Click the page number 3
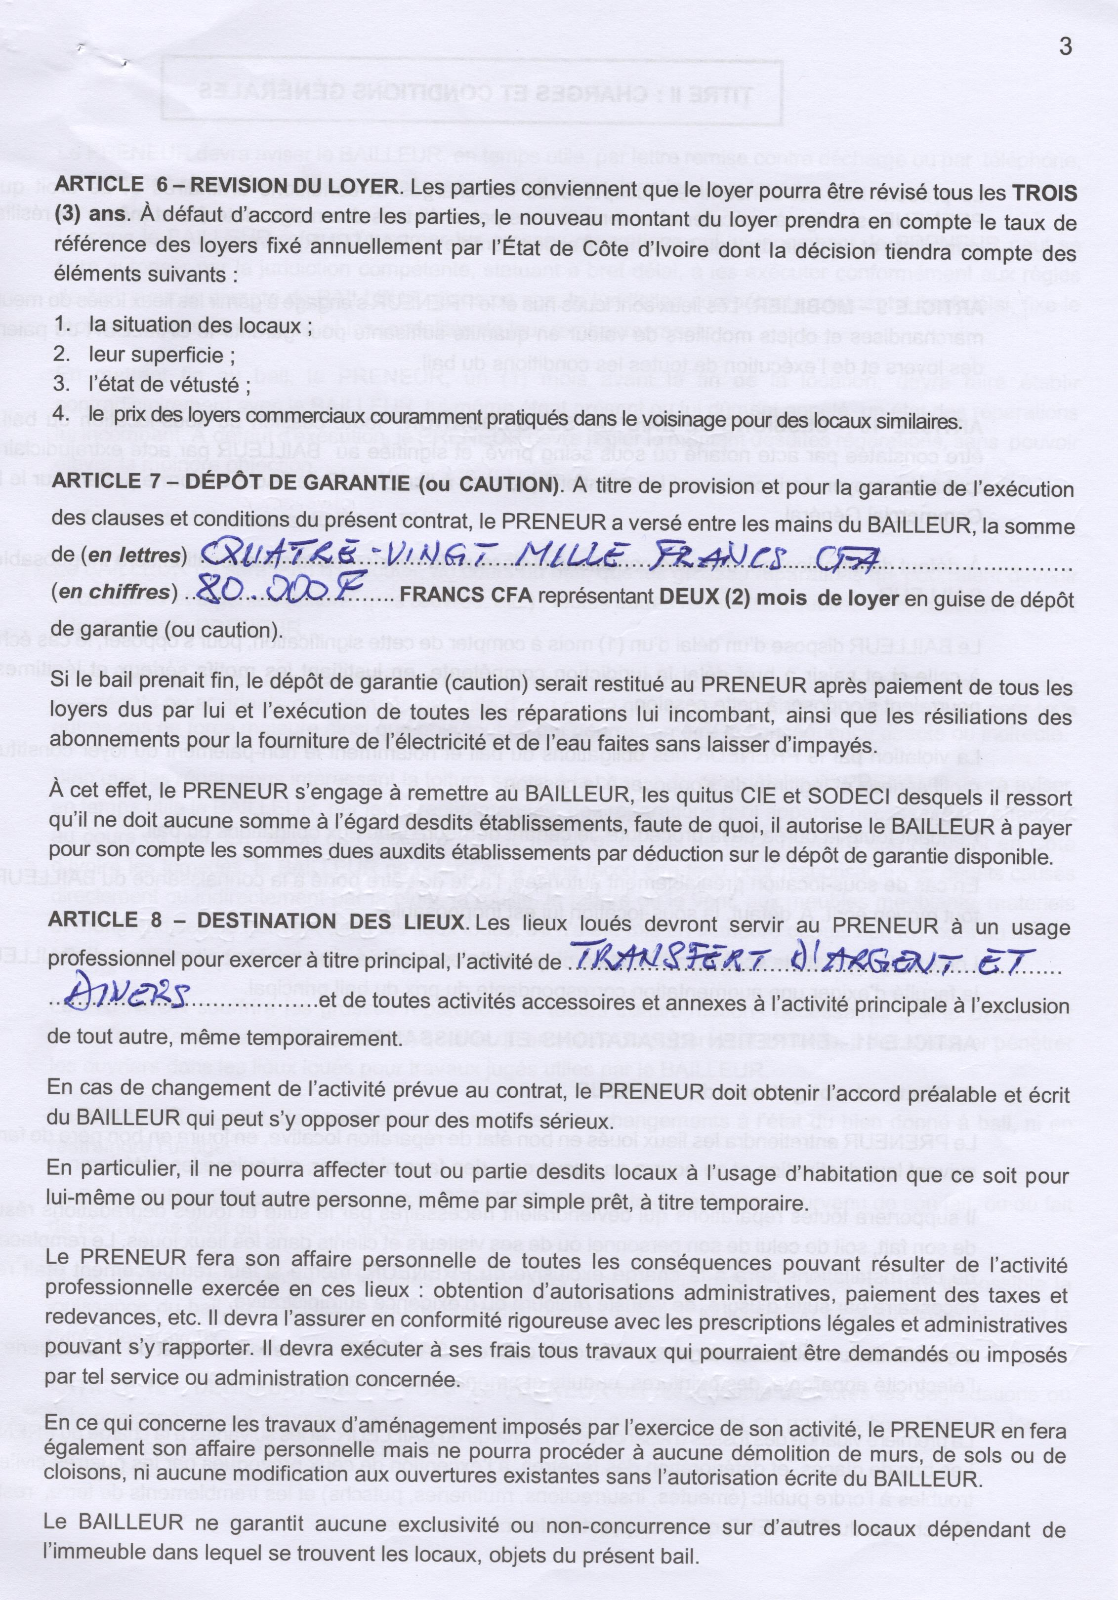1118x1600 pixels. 1064,47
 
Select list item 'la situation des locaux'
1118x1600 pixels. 199,325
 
